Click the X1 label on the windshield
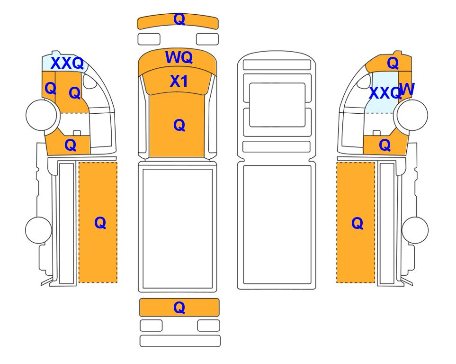[x=179, y=81]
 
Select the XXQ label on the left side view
[x=67, y=63]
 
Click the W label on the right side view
[x=407, y=89]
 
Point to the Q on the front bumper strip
[x=179, y=19]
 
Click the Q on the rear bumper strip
[x=179, y=308]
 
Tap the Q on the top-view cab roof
[x=179, y=125]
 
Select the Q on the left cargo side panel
[x=100, y=223]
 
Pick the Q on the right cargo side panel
[x=357, y=223]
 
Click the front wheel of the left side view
[x=41, y=115]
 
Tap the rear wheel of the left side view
[x=39, y=230]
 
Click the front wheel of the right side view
[x=412, y=115]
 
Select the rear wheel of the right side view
[x=415, y=230]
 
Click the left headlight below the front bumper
[x=149, y=39]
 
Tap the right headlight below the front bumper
[x=207, y=39]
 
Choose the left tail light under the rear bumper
[x=151, y=326]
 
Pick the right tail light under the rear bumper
[x=208, y=326]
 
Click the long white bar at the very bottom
[x=180, y=341]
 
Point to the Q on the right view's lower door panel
[x=384, y=145]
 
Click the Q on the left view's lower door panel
[x=70, y=145]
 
